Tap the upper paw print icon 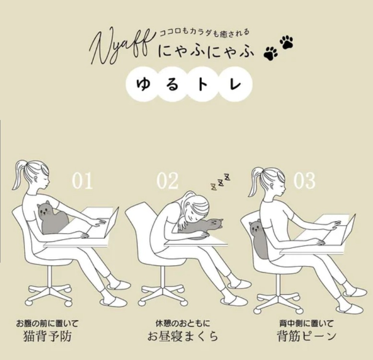286,42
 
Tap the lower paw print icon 271,53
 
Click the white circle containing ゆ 143,84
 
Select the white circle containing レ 235,84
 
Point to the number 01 82,181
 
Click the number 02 167,181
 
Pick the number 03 304,181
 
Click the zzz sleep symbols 221,182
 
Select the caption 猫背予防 47,336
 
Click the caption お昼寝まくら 183,336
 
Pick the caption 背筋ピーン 307,336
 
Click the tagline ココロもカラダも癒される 204,32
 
